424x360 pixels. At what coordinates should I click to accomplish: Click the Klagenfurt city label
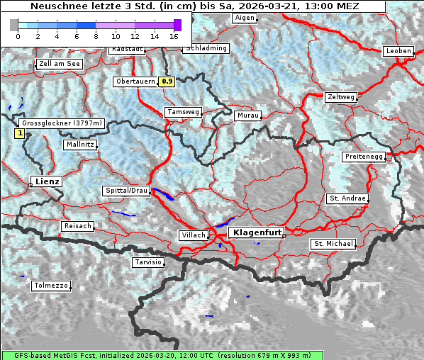point(258,232)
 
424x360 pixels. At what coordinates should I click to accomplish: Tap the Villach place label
point(193,235)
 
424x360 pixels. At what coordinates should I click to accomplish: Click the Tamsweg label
point(183,112)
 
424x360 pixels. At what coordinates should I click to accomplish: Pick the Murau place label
point(248,115)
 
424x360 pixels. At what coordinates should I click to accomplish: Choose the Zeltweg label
point(341,96)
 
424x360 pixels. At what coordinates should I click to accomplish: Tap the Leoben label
point(398,51)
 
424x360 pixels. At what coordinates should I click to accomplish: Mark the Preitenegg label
point(364,156)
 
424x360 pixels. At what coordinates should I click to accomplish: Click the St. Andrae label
point(347,198)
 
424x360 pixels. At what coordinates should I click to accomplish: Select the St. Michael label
point(333,244)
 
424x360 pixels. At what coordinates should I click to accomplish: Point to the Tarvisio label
point(148,262)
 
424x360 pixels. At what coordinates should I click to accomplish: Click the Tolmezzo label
point(50,286)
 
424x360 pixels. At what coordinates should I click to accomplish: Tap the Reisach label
point(78,226)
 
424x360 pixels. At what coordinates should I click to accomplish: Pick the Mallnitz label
point(79,144)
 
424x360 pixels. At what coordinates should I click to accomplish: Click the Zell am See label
point(60,64)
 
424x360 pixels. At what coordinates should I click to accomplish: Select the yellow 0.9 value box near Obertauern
point(167,81)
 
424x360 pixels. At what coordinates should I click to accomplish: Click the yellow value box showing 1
point(19,133)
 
